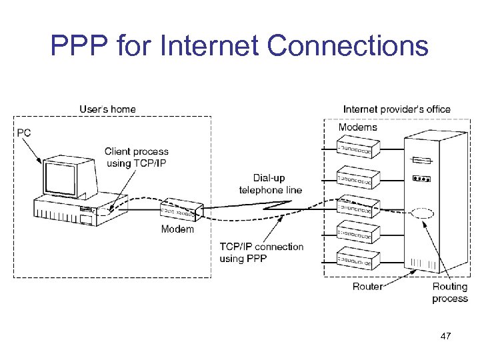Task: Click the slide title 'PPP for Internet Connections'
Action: click(x=239, y=47)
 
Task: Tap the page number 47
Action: click(x=445, y=337)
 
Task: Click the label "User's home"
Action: click(x=107, y=109)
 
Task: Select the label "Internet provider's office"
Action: click(x=397, y=109)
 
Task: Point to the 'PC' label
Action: click(x=23, y=133)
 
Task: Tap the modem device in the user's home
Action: click(x=180, y=210)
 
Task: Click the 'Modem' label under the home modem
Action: click(x=177, y=229)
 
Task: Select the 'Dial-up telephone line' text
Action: click(x=270, y=184)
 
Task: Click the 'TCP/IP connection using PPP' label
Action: click(x=261, y=252)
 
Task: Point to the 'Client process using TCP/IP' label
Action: click(x=136, y=157)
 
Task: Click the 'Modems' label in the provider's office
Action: click(x=357, y=127)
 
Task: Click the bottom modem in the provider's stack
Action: click(x=358, y=259)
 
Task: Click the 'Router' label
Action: click(x=367, y=287)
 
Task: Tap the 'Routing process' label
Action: click(x=450, y=293)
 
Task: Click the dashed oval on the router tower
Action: click(x=422, y=215)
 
